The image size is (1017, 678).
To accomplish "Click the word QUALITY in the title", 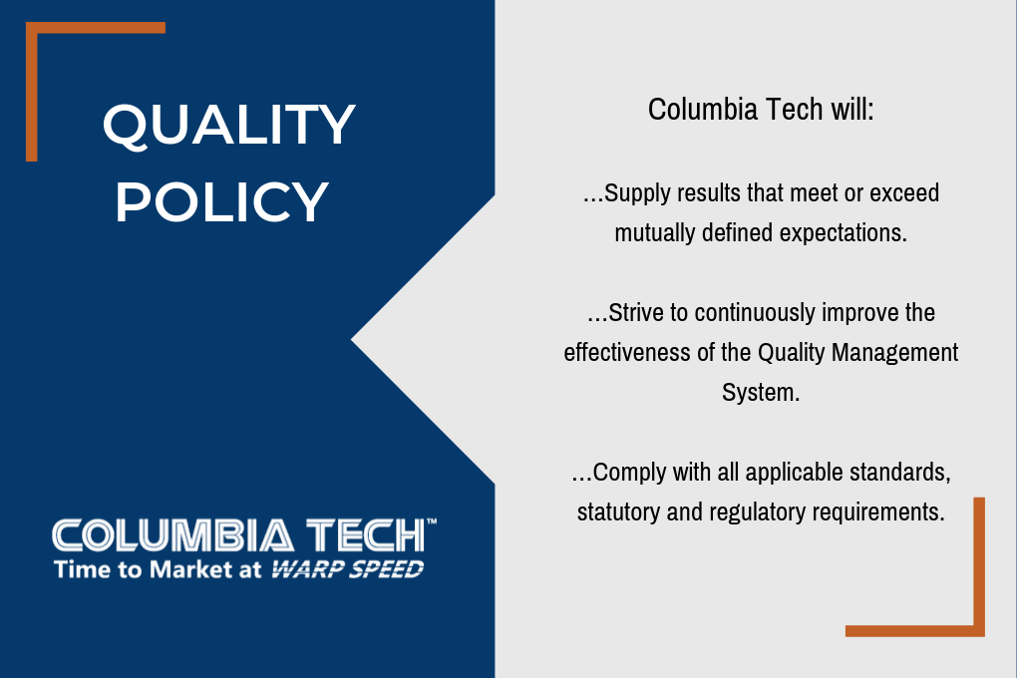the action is click(228, 126).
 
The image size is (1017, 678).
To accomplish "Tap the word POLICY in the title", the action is click(221, 201).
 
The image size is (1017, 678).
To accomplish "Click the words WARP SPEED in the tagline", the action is click(348, 569).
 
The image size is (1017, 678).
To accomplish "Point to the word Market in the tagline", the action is click(191, 569).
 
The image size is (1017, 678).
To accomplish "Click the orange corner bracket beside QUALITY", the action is click(31, 28).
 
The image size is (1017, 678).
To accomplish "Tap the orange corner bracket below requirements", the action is click(979, 630).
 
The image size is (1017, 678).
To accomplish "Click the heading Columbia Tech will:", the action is click(761, 109).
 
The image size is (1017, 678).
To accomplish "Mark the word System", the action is click(761, 393).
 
